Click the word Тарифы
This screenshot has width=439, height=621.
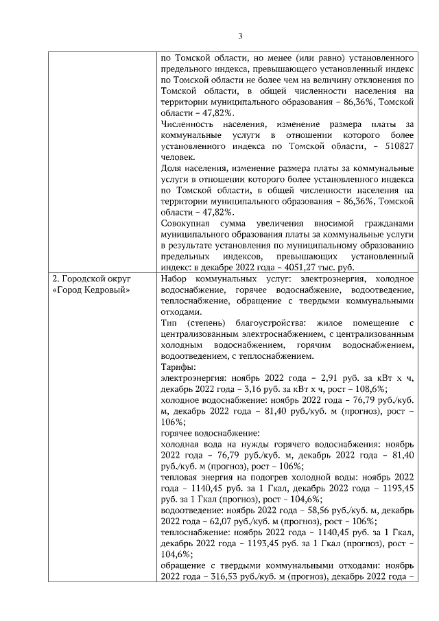(x=177, y=367)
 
